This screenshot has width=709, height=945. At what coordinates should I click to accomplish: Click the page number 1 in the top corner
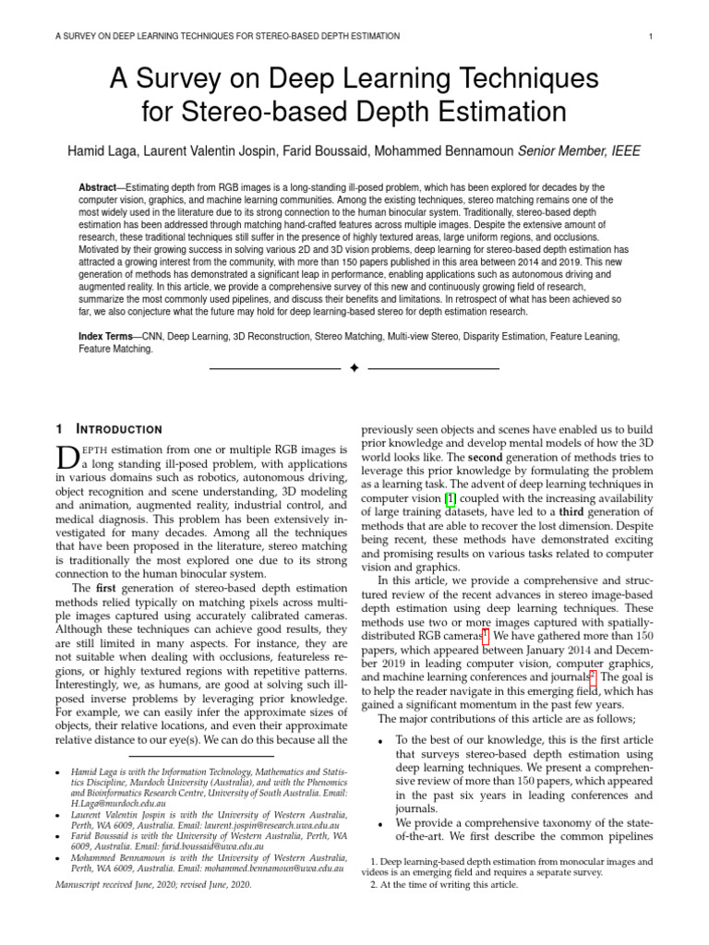652,36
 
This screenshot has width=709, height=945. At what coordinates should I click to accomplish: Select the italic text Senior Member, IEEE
577,151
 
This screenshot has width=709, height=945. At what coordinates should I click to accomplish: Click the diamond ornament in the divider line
354,368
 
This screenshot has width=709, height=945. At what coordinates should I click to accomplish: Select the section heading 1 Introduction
109,429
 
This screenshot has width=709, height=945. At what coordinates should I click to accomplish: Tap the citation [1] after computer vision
451,498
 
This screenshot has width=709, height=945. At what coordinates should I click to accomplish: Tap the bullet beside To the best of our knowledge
380,741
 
